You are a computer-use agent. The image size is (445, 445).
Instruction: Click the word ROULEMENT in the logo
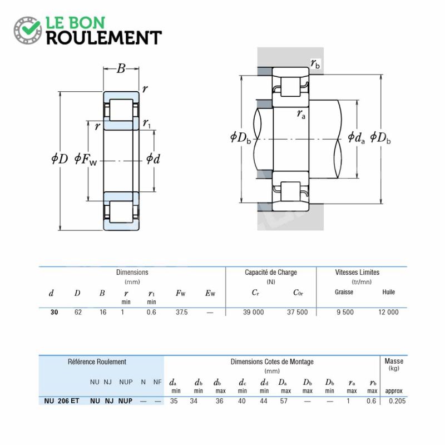[x=104, y=38]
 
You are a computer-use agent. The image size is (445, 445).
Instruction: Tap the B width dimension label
[x=121, y=68]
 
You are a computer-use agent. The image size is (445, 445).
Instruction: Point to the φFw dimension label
[x=86, y=159]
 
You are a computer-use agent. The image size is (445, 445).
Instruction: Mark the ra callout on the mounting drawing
[x=301, y=114]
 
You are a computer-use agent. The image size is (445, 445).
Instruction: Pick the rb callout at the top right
[x=315, y=63]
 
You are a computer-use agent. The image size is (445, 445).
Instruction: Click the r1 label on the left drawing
[x=146, y=123]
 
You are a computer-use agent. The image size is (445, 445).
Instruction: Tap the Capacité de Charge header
[x=271, y=273]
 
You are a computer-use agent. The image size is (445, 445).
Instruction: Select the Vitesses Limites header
[x=357, y=273]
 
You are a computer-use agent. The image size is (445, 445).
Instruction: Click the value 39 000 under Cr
[x=254, y=312]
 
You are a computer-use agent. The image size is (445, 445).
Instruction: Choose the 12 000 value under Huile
[x=388, y=312]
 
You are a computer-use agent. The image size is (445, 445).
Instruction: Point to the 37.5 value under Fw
[x=182, y=312]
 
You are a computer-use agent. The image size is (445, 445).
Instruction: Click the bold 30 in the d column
[x=54, y=312]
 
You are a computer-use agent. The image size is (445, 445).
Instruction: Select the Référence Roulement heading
[x=97, y=362]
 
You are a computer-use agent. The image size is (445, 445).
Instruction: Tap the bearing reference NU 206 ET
[x=62, y=401]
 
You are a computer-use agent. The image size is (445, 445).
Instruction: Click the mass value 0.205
[x=397, y=401]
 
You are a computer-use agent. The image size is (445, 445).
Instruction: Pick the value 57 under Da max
[x=284, y=401]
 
